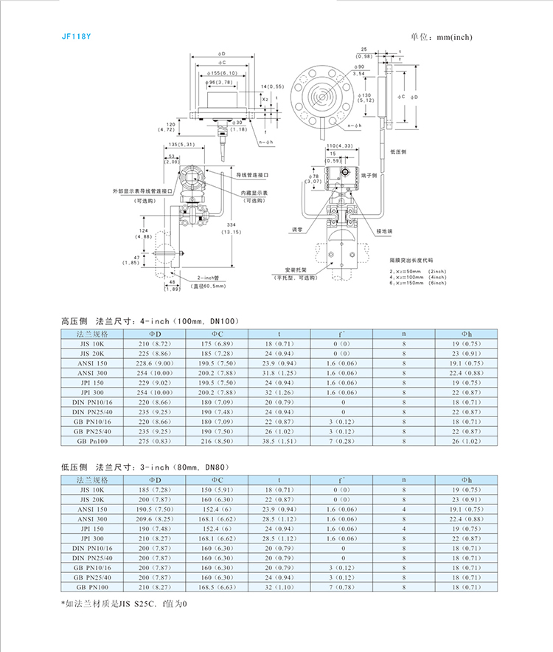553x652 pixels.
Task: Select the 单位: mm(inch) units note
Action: point(440,37)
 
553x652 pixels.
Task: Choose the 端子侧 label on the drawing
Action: point(369,176)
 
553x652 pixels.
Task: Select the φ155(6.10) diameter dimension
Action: point(221,73)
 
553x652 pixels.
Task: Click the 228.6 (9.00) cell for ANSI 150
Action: point(154,364)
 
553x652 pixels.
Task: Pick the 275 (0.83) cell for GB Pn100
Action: point(154,441)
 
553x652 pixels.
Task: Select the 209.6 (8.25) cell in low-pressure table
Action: point(154,520)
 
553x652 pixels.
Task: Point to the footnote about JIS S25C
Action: point(125,603)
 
